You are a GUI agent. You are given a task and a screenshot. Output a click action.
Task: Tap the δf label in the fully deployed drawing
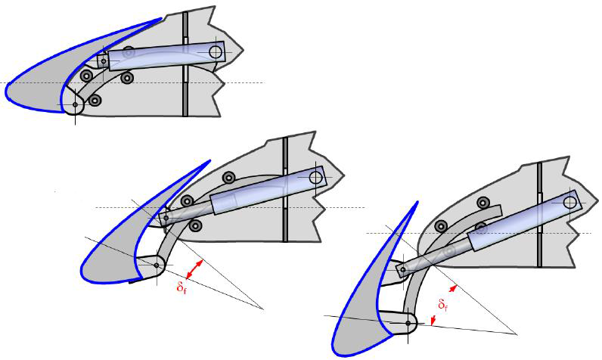coord(442,305)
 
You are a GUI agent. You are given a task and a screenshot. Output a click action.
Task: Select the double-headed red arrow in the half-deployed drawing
coord(194,269)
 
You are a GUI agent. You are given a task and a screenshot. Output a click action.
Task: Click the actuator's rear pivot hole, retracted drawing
coord(216,51)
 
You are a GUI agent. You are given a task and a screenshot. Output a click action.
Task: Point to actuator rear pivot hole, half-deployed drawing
coord(316,177)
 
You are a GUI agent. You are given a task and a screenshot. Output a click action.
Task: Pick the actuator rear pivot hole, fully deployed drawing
coord(569,202)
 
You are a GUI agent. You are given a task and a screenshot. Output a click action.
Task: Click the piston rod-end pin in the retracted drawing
coord(104,61)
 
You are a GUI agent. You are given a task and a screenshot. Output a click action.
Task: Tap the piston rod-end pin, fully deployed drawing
coord(403,270)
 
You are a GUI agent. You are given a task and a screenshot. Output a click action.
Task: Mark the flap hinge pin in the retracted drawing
coord(76,104)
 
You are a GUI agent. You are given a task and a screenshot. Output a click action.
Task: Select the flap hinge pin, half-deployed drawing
coord(157,265)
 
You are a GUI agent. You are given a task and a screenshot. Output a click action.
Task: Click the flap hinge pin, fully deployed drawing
coord(408,324)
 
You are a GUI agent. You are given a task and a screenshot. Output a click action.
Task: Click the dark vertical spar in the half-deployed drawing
coord(285,189)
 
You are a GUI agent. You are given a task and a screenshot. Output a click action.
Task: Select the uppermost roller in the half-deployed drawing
coord(229,178)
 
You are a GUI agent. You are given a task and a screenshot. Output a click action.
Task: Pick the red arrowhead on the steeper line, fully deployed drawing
coord(454,288)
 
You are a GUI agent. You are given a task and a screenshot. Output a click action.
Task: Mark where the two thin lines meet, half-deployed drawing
coord(263,309)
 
